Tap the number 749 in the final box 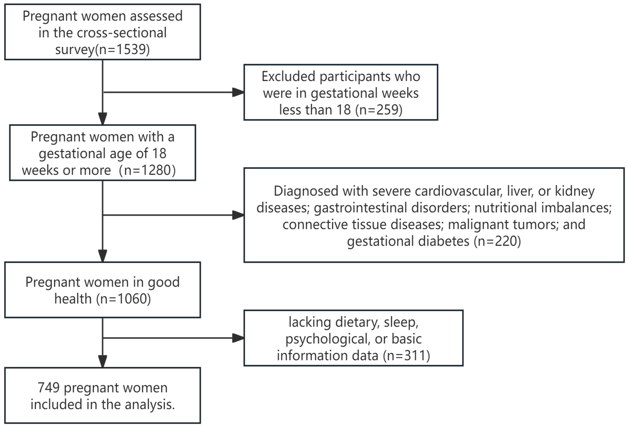pos(49,388)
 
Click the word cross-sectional pos(122,33)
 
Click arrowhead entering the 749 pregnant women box pos(103,362)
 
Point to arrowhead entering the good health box pos(103,256)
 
